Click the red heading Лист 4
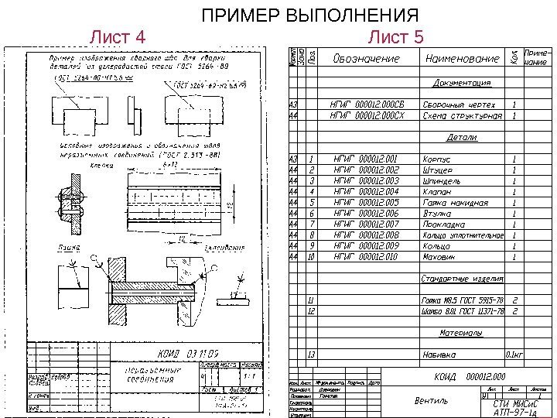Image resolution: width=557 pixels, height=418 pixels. pos(118,36)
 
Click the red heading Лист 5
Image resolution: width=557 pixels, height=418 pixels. pos(396,36)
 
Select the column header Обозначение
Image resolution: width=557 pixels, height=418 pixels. pos(367,59)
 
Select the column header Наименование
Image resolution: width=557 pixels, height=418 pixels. pos(463,59)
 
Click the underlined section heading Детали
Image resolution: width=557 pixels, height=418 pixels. pos(463,137)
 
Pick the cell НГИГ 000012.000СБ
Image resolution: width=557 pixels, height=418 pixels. pos(367,104)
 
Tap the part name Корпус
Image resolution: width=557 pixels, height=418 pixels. pos(437,159)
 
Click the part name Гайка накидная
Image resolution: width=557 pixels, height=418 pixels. pos(456,203)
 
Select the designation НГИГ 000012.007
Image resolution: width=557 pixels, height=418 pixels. pos(367,224)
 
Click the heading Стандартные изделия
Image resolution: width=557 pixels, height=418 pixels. pos(463,278)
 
